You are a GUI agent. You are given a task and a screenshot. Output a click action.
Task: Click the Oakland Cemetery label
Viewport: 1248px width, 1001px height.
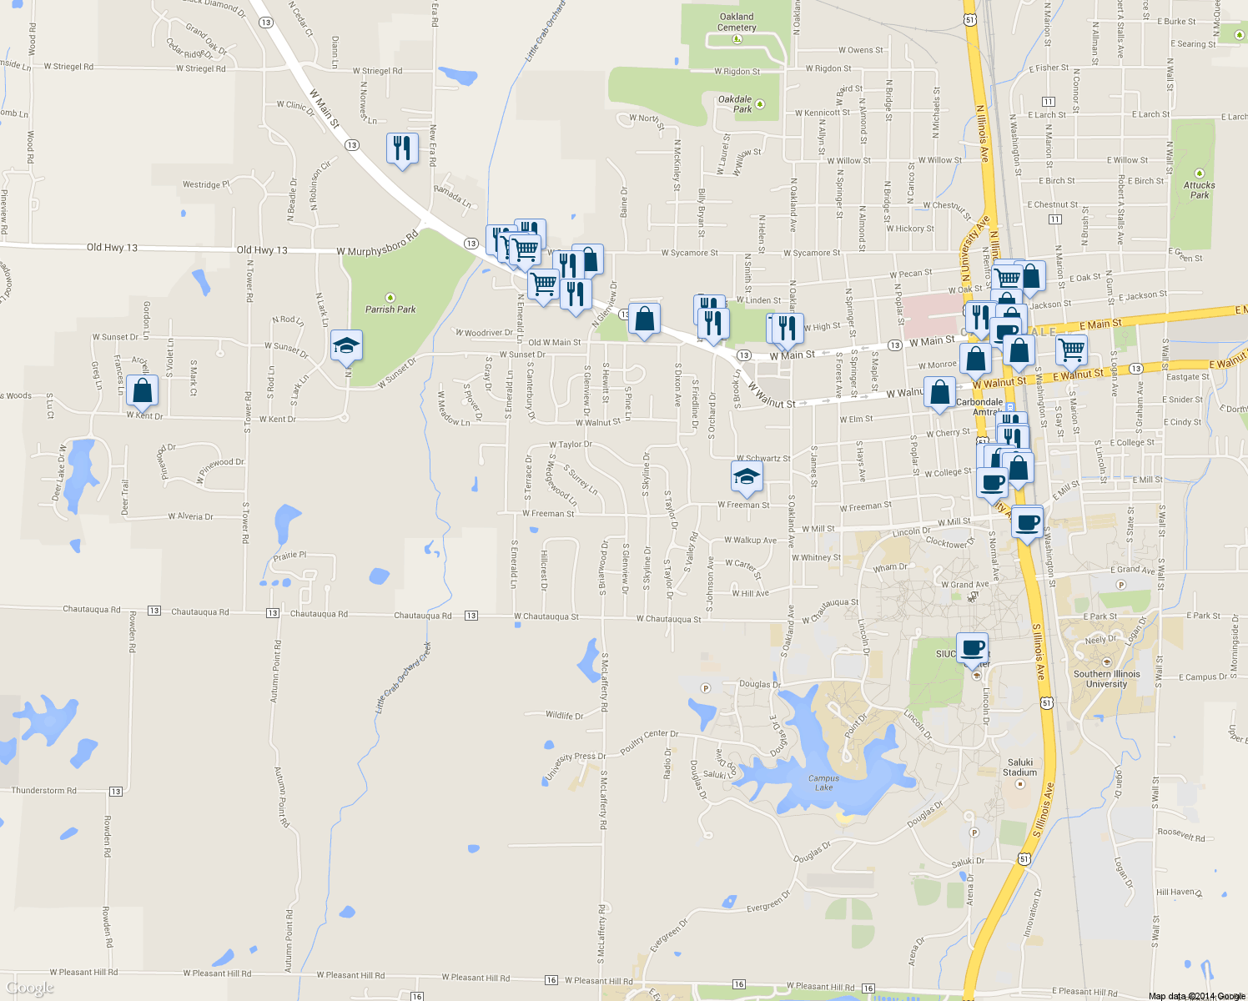pos(737,22)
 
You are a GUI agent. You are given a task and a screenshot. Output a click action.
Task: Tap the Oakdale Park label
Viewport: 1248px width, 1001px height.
pos(735,103)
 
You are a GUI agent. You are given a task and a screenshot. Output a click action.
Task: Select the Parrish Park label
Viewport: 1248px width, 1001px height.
pos(390,309)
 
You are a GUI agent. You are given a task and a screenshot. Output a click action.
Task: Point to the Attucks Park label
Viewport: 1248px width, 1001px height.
pos(1199,190)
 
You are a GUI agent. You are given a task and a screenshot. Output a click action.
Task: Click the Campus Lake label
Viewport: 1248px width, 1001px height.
pos(823,782)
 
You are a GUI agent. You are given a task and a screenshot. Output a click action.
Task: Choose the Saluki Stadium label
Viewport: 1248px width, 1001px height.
pos(1020,767)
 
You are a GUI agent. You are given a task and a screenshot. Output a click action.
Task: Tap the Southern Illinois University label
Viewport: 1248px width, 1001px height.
pos(1106,679)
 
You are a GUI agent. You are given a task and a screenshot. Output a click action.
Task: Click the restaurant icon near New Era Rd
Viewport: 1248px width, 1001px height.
pos(403,148)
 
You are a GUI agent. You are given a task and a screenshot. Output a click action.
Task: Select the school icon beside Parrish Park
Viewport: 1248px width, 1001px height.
pos(346,345)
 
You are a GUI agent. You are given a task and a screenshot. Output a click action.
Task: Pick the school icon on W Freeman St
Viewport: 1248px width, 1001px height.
pos(747,477)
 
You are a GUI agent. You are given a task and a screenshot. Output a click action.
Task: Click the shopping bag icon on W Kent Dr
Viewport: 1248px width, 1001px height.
pos(143,390)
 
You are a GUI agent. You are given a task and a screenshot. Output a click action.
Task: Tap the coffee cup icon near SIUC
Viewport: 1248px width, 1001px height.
pos(972,647)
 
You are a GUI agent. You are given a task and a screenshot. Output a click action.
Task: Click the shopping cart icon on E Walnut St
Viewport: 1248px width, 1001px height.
pos(1071,350)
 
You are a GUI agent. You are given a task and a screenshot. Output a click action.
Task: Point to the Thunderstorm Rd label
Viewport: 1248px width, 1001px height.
pos(43,791)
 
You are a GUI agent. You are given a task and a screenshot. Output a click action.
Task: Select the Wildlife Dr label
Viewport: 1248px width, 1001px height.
pos(564,716)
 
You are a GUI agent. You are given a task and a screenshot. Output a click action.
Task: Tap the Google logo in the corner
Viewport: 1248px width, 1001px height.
pos(29,988)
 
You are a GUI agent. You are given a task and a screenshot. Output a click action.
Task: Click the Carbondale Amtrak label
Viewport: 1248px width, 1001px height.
pos(980,407)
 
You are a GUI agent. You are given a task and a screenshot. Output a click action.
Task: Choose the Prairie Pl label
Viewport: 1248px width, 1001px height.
pos(289,556)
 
